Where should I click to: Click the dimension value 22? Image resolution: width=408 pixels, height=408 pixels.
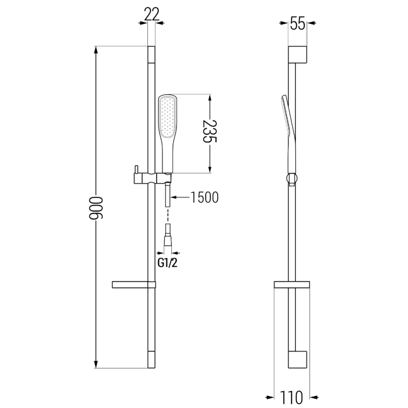click(151, 14)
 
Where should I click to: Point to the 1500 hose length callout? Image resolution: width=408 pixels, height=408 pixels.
click(205, 197)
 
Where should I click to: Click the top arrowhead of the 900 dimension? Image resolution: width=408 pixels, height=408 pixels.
click(95, 50)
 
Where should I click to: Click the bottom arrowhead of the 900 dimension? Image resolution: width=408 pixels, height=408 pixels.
click(95, 364)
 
